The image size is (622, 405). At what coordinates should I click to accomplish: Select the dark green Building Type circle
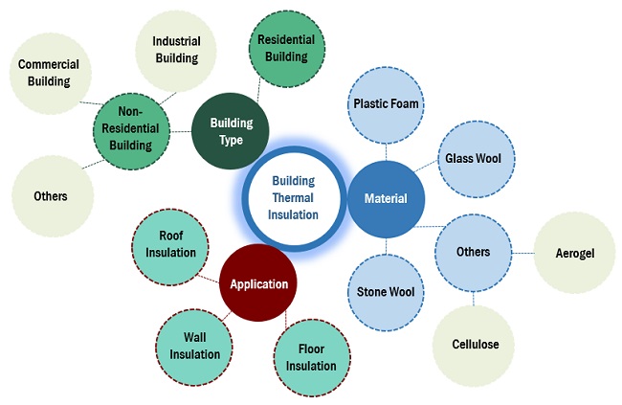click(x=231, y=132)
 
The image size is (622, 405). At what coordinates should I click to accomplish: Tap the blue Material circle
click(x=387, y=199)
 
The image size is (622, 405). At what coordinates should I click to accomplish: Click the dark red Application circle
click(x=258, y=284)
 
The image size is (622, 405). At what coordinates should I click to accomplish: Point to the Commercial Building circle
click(x=48, y=73)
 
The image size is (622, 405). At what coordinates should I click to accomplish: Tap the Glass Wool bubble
click(x=467, y=158)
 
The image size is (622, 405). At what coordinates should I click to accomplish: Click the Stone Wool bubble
click(x=386, y=291)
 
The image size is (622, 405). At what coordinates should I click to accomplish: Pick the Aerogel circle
click(x=574, y=253)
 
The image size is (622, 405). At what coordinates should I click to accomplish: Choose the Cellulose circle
click(x=476, y=344)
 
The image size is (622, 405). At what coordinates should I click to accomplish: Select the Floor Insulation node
click(x=311, y=358)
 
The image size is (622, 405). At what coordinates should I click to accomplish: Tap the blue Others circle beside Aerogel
click(x=474, y=253)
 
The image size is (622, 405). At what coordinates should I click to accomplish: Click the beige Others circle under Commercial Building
click(x=52, y=196)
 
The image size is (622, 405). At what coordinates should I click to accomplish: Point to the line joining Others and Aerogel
click(x=522, y=253)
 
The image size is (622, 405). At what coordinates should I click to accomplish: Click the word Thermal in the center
click(x=294, y=197)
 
